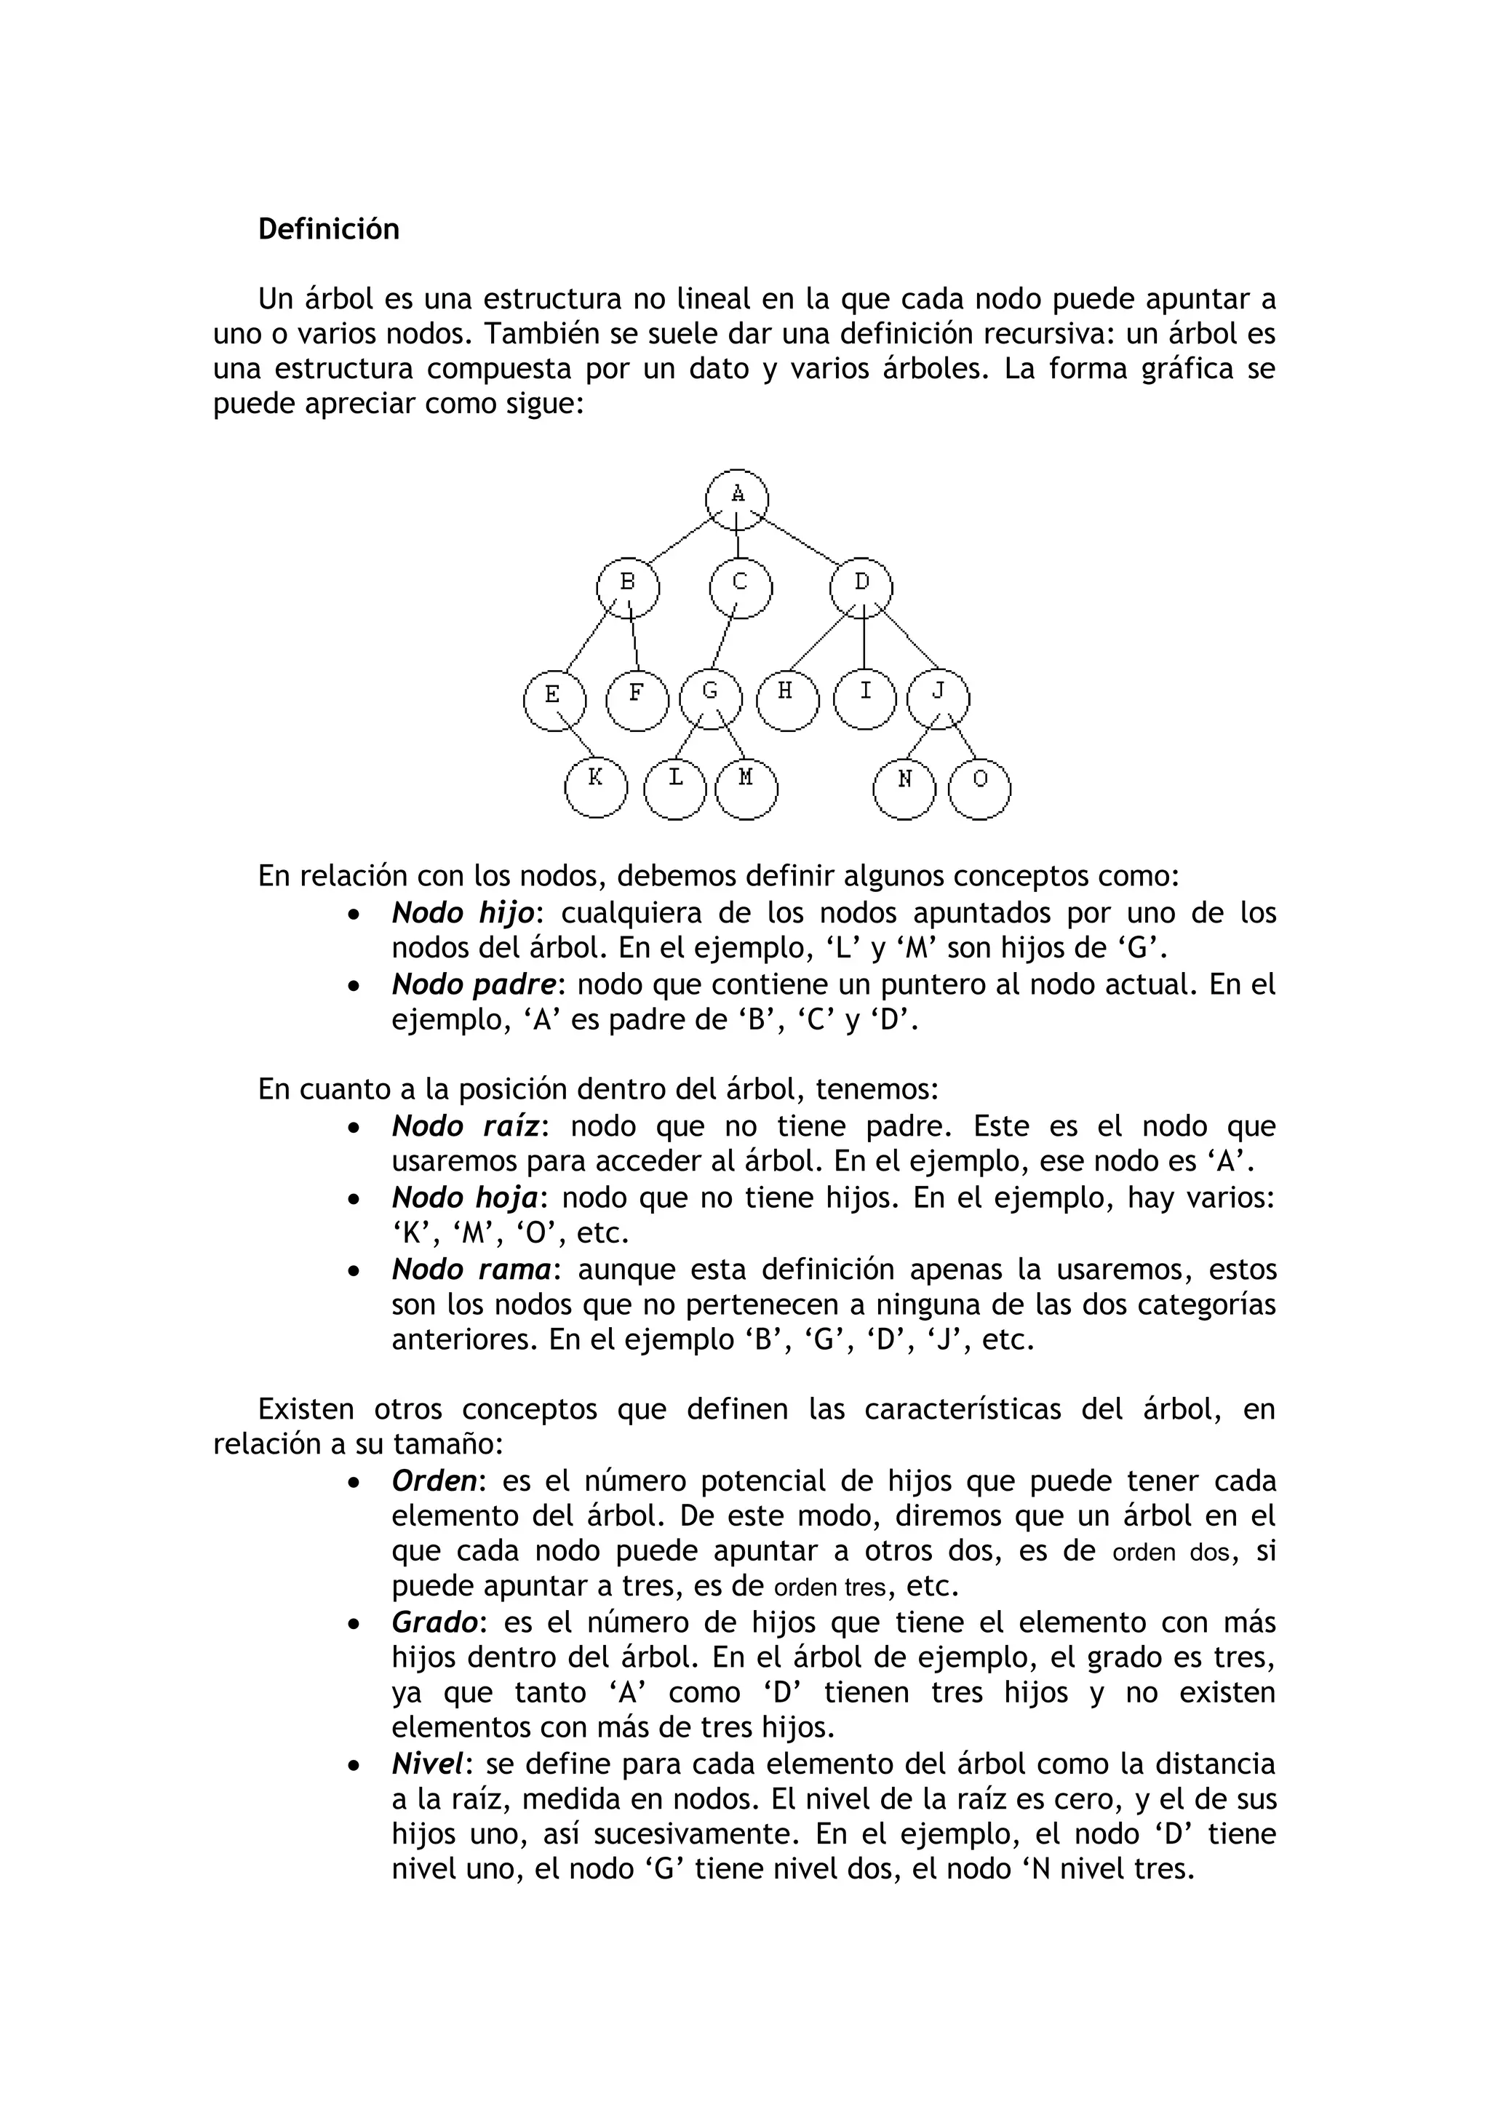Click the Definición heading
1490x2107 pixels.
328,228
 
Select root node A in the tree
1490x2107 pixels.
737,500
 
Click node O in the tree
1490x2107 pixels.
979,788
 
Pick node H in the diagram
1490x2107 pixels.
787,699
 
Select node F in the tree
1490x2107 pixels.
637,700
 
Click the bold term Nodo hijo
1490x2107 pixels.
463,913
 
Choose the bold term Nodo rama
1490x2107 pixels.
471,1269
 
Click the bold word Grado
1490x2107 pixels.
434,1622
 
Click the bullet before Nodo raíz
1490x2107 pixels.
355,1128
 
